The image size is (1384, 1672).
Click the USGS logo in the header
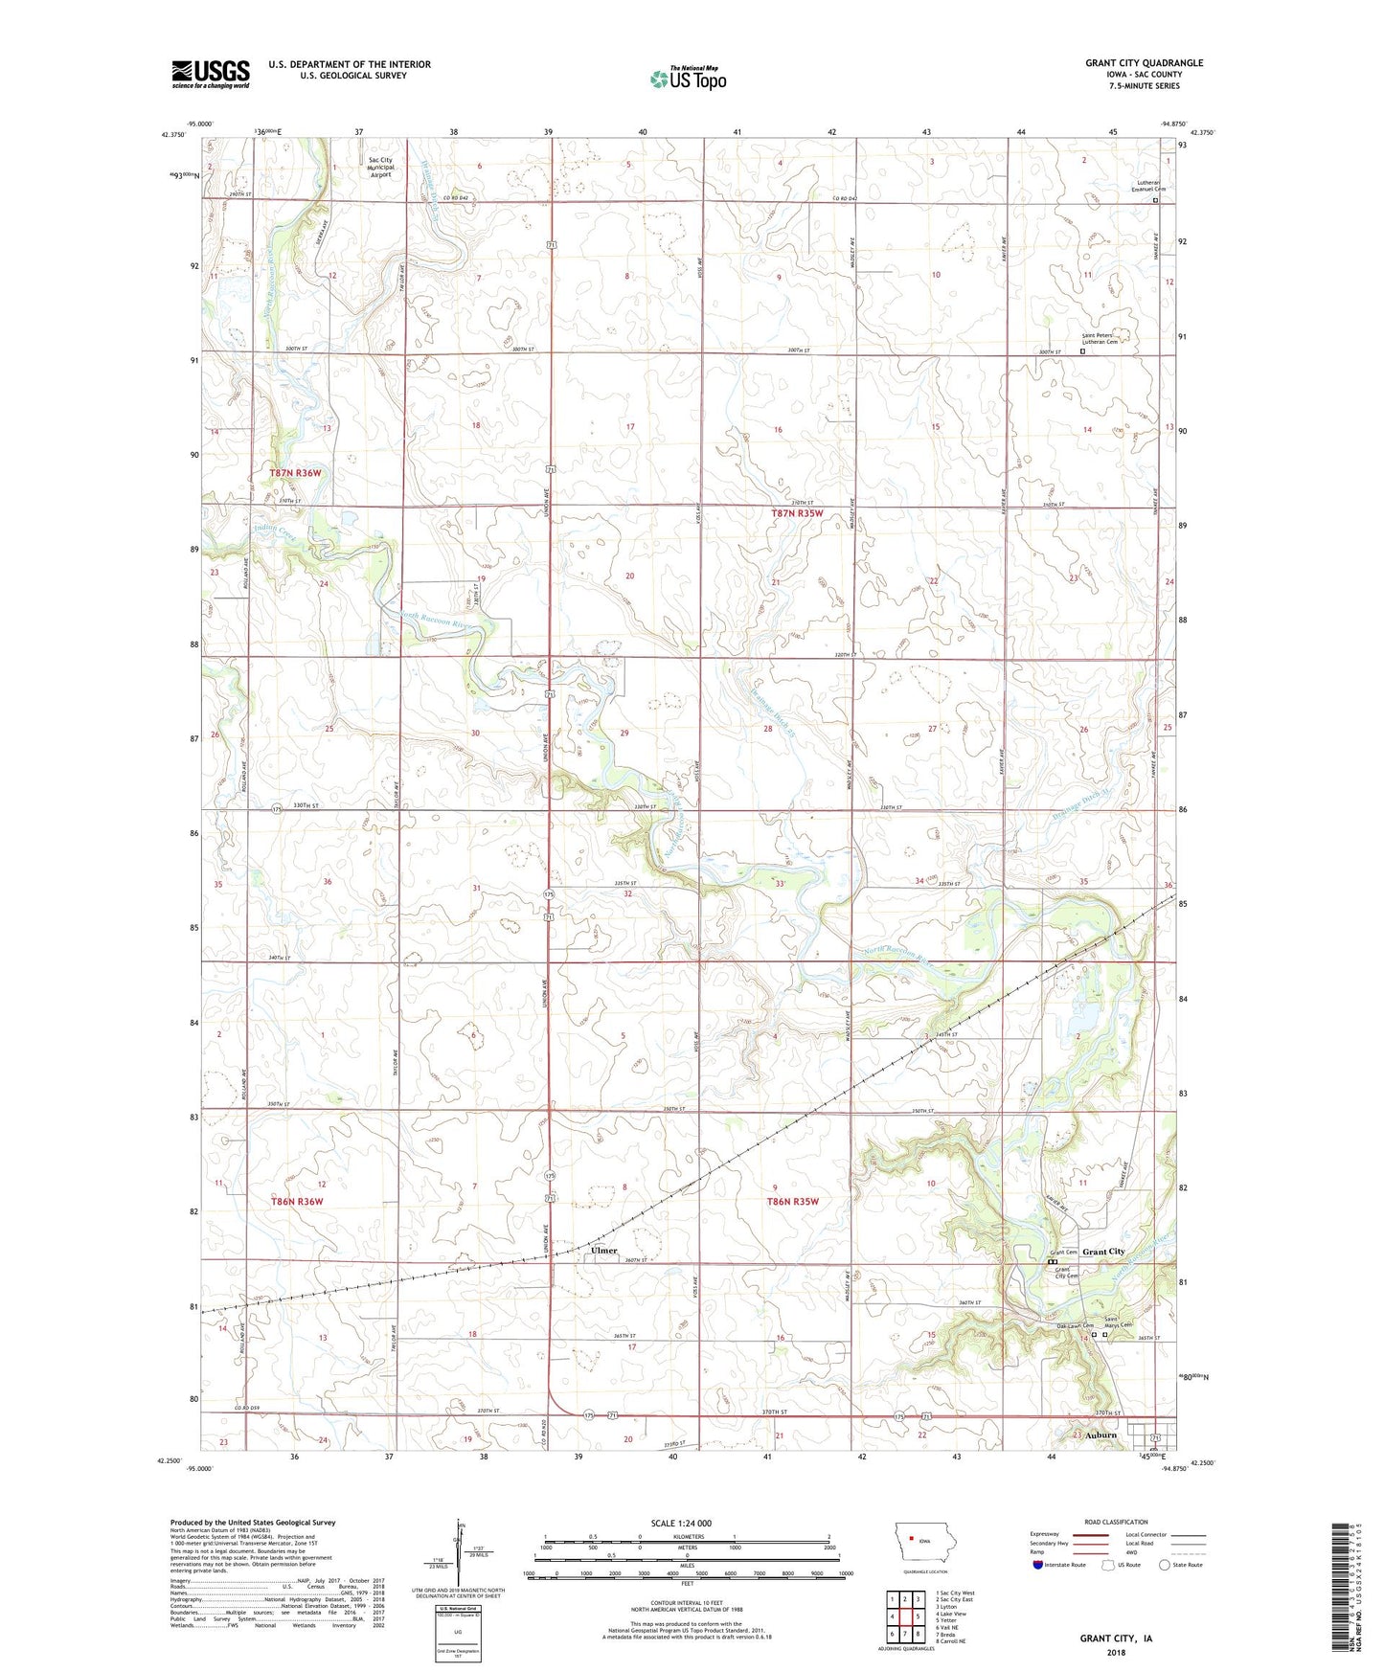[211, 74]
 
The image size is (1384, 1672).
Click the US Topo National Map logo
[688, 78]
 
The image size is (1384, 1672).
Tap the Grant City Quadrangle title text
[1144, 63]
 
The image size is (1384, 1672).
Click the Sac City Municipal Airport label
[380, 168]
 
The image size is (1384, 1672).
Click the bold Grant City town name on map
[1103, 1252]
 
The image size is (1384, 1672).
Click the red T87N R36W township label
[298, 473]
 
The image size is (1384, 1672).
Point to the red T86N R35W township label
[792, 1201]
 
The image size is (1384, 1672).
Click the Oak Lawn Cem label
[1060, 1326]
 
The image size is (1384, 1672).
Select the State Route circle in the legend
[1165, 1566]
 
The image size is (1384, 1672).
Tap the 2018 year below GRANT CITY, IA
[1116, 1653]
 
